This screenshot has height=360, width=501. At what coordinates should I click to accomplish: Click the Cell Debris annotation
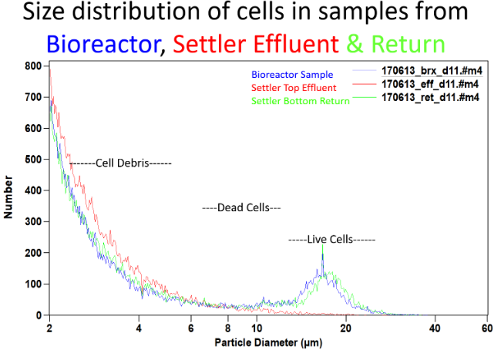click(121, 163)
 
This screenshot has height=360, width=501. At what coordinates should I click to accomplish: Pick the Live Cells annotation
click(331, 239)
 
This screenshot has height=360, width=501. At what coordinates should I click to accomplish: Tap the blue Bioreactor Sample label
click(291, 75)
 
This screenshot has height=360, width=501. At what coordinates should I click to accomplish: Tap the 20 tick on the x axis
click(346, 327)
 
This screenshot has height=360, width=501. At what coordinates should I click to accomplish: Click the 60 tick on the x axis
click(486, 327)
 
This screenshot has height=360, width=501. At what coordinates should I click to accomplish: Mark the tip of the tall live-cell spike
click(322, 245)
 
